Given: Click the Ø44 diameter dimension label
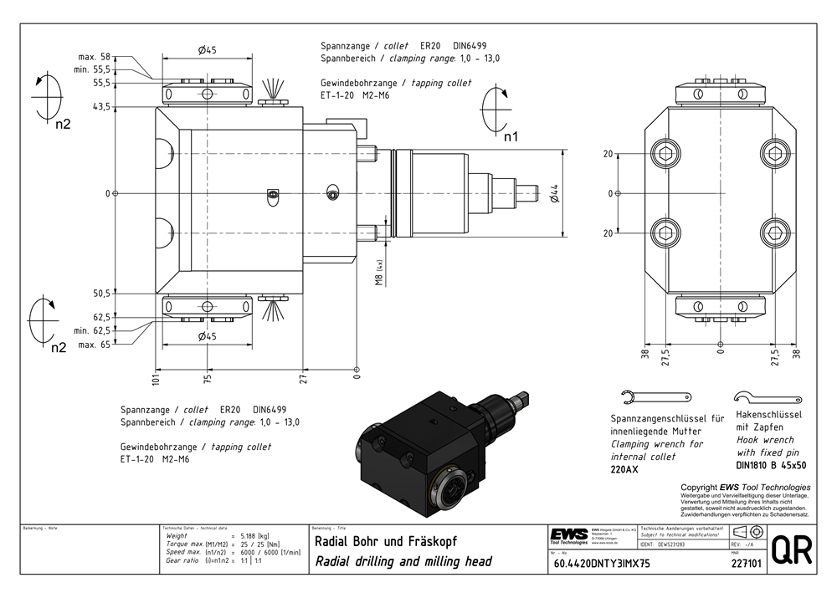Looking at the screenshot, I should point(554,193).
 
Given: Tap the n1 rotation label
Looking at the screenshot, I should point(510,135).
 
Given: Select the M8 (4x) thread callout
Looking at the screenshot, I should point(378,273).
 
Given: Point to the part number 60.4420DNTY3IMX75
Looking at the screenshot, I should point(602,563).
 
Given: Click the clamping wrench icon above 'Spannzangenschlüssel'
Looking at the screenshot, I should point(657,396).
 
